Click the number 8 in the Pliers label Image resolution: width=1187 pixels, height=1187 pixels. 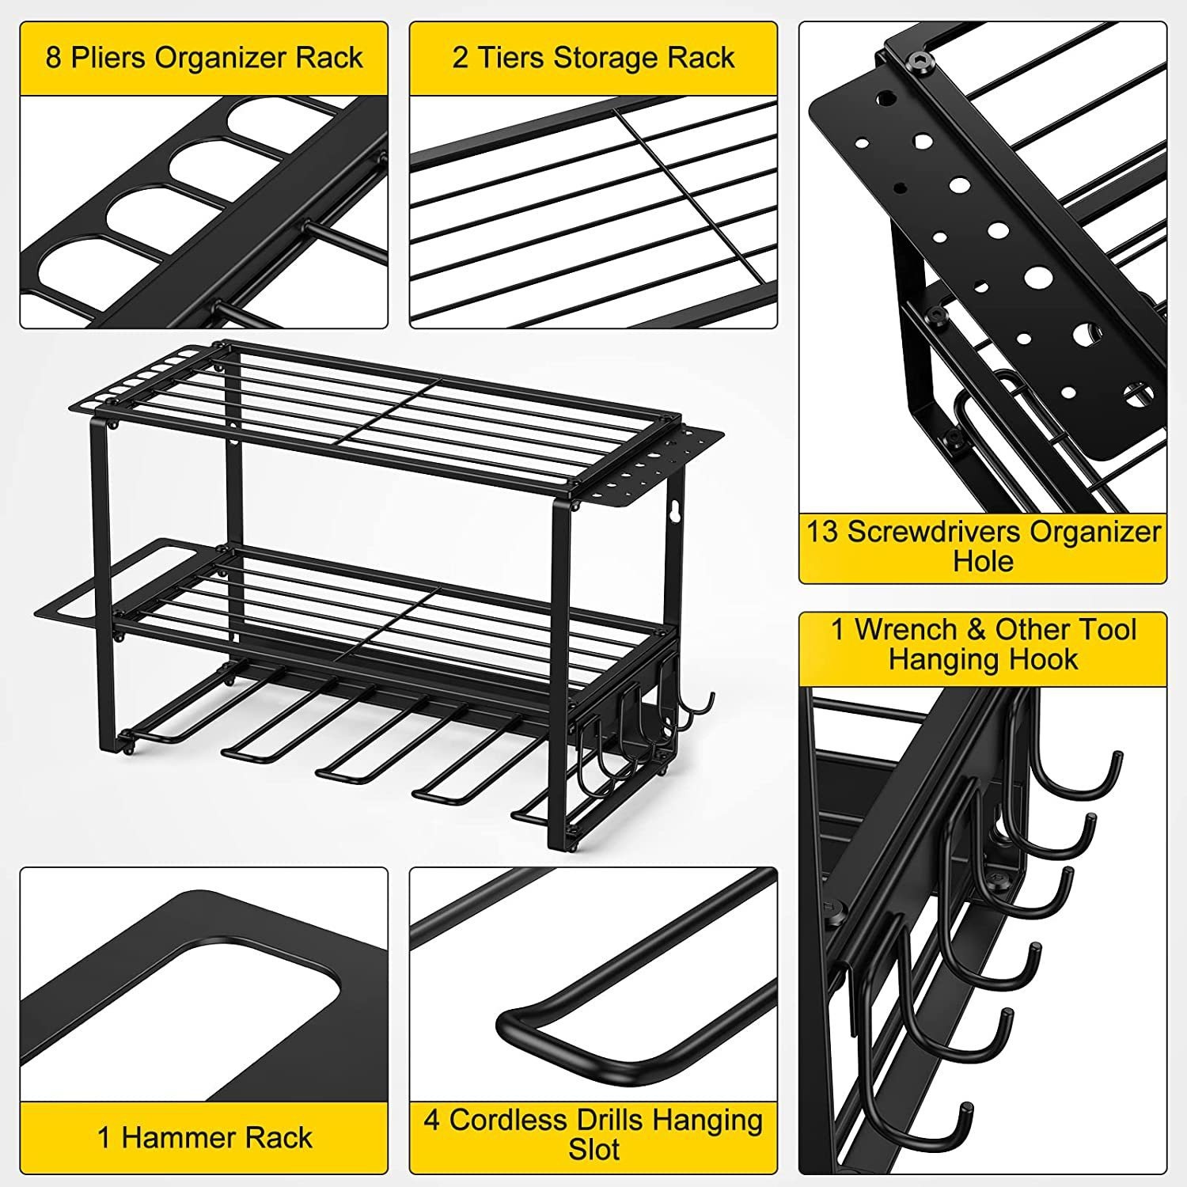click(x=54, y=58)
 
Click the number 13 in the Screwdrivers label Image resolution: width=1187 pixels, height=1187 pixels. click(x=822, y=531)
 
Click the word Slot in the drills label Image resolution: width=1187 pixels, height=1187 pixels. click(x=593, y=1150)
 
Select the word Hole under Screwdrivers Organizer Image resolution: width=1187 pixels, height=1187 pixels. click(x=983, y=561)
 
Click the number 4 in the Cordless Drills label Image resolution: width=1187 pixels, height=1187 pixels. click(x=431, y=1121)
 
